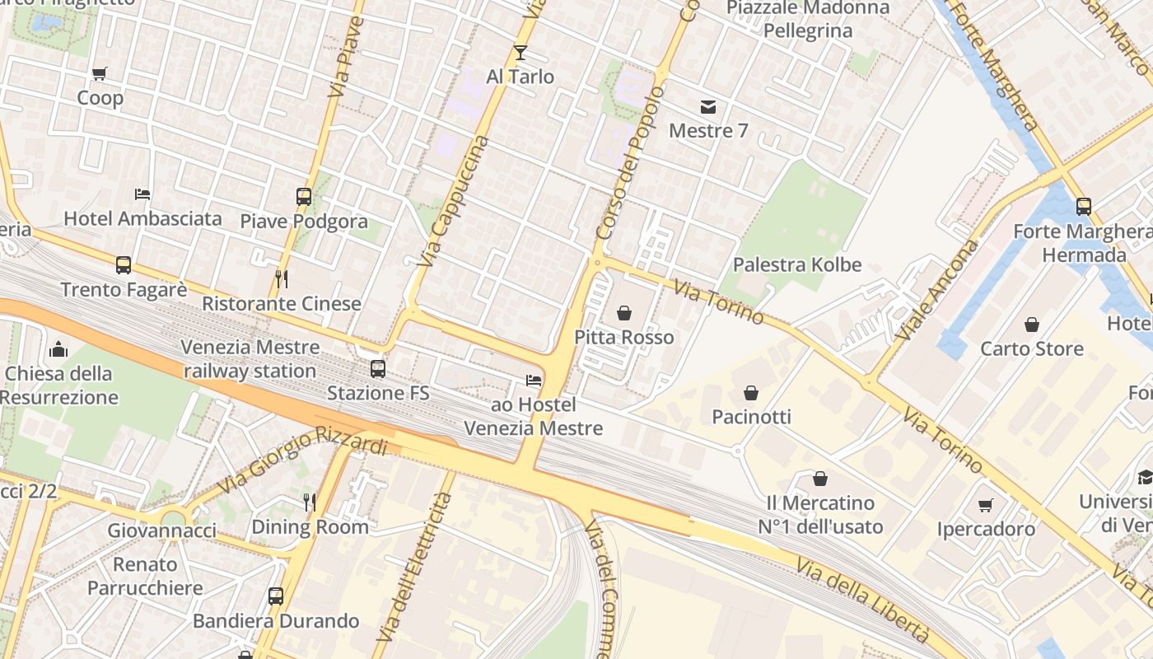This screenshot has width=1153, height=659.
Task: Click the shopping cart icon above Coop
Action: coord(100,74)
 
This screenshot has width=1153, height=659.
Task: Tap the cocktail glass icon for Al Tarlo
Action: coord(520,53)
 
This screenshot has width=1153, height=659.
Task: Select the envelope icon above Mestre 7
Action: coord(707,107)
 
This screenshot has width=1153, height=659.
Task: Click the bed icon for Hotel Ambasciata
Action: coord(142,194)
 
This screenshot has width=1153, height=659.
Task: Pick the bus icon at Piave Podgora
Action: coord(304,197)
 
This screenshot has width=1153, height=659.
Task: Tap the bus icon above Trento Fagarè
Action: coord(124,265)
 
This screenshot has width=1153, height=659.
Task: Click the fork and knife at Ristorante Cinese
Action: coord(282,279)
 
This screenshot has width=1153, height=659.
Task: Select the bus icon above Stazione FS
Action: coord(378,369)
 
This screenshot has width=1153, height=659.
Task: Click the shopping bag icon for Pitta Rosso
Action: coord(624,313)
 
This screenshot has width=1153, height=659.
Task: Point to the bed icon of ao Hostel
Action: coord(534,381)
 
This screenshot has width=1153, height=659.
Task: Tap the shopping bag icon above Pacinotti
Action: coord(751,393)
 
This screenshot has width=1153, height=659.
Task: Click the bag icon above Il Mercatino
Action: coord(820,479)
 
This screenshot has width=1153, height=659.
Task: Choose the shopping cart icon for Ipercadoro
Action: coord(986,505)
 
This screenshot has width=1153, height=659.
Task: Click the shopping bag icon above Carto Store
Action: coord(1031,325)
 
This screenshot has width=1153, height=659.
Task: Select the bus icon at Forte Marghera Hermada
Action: coord(1084,207)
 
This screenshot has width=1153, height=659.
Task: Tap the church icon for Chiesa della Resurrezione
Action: coord(58,349)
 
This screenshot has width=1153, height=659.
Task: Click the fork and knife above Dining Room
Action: coord(310,502)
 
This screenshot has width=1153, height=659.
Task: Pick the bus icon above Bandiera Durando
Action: coord(276,596)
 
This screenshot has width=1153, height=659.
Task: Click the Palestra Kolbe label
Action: coord(796,265)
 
